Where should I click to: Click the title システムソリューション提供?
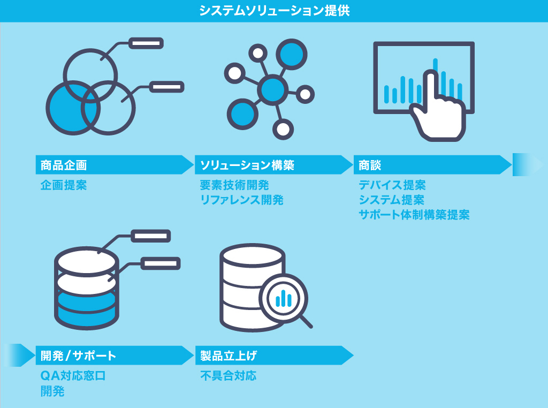point(275,11)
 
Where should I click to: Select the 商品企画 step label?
point(64,165)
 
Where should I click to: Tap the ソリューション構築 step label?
point(247,165)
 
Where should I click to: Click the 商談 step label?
point(370,165)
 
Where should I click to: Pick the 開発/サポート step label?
point(78,356)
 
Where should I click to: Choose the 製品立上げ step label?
point(229,356)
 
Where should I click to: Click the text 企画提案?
point(64,185)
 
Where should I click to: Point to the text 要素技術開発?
point(234,185)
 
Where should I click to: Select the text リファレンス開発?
point(241,200)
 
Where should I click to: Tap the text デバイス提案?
point(392,185)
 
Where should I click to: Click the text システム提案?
point(391,200)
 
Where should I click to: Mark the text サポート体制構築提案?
point(414,215)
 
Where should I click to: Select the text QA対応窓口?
point(73,376)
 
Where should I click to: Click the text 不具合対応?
point(228,376)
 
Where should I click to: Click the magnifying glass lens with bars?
point(284,298)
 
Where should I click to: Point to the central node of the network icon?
point(272,90)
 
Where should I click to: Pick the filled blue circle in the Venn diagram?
point(72,108)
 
